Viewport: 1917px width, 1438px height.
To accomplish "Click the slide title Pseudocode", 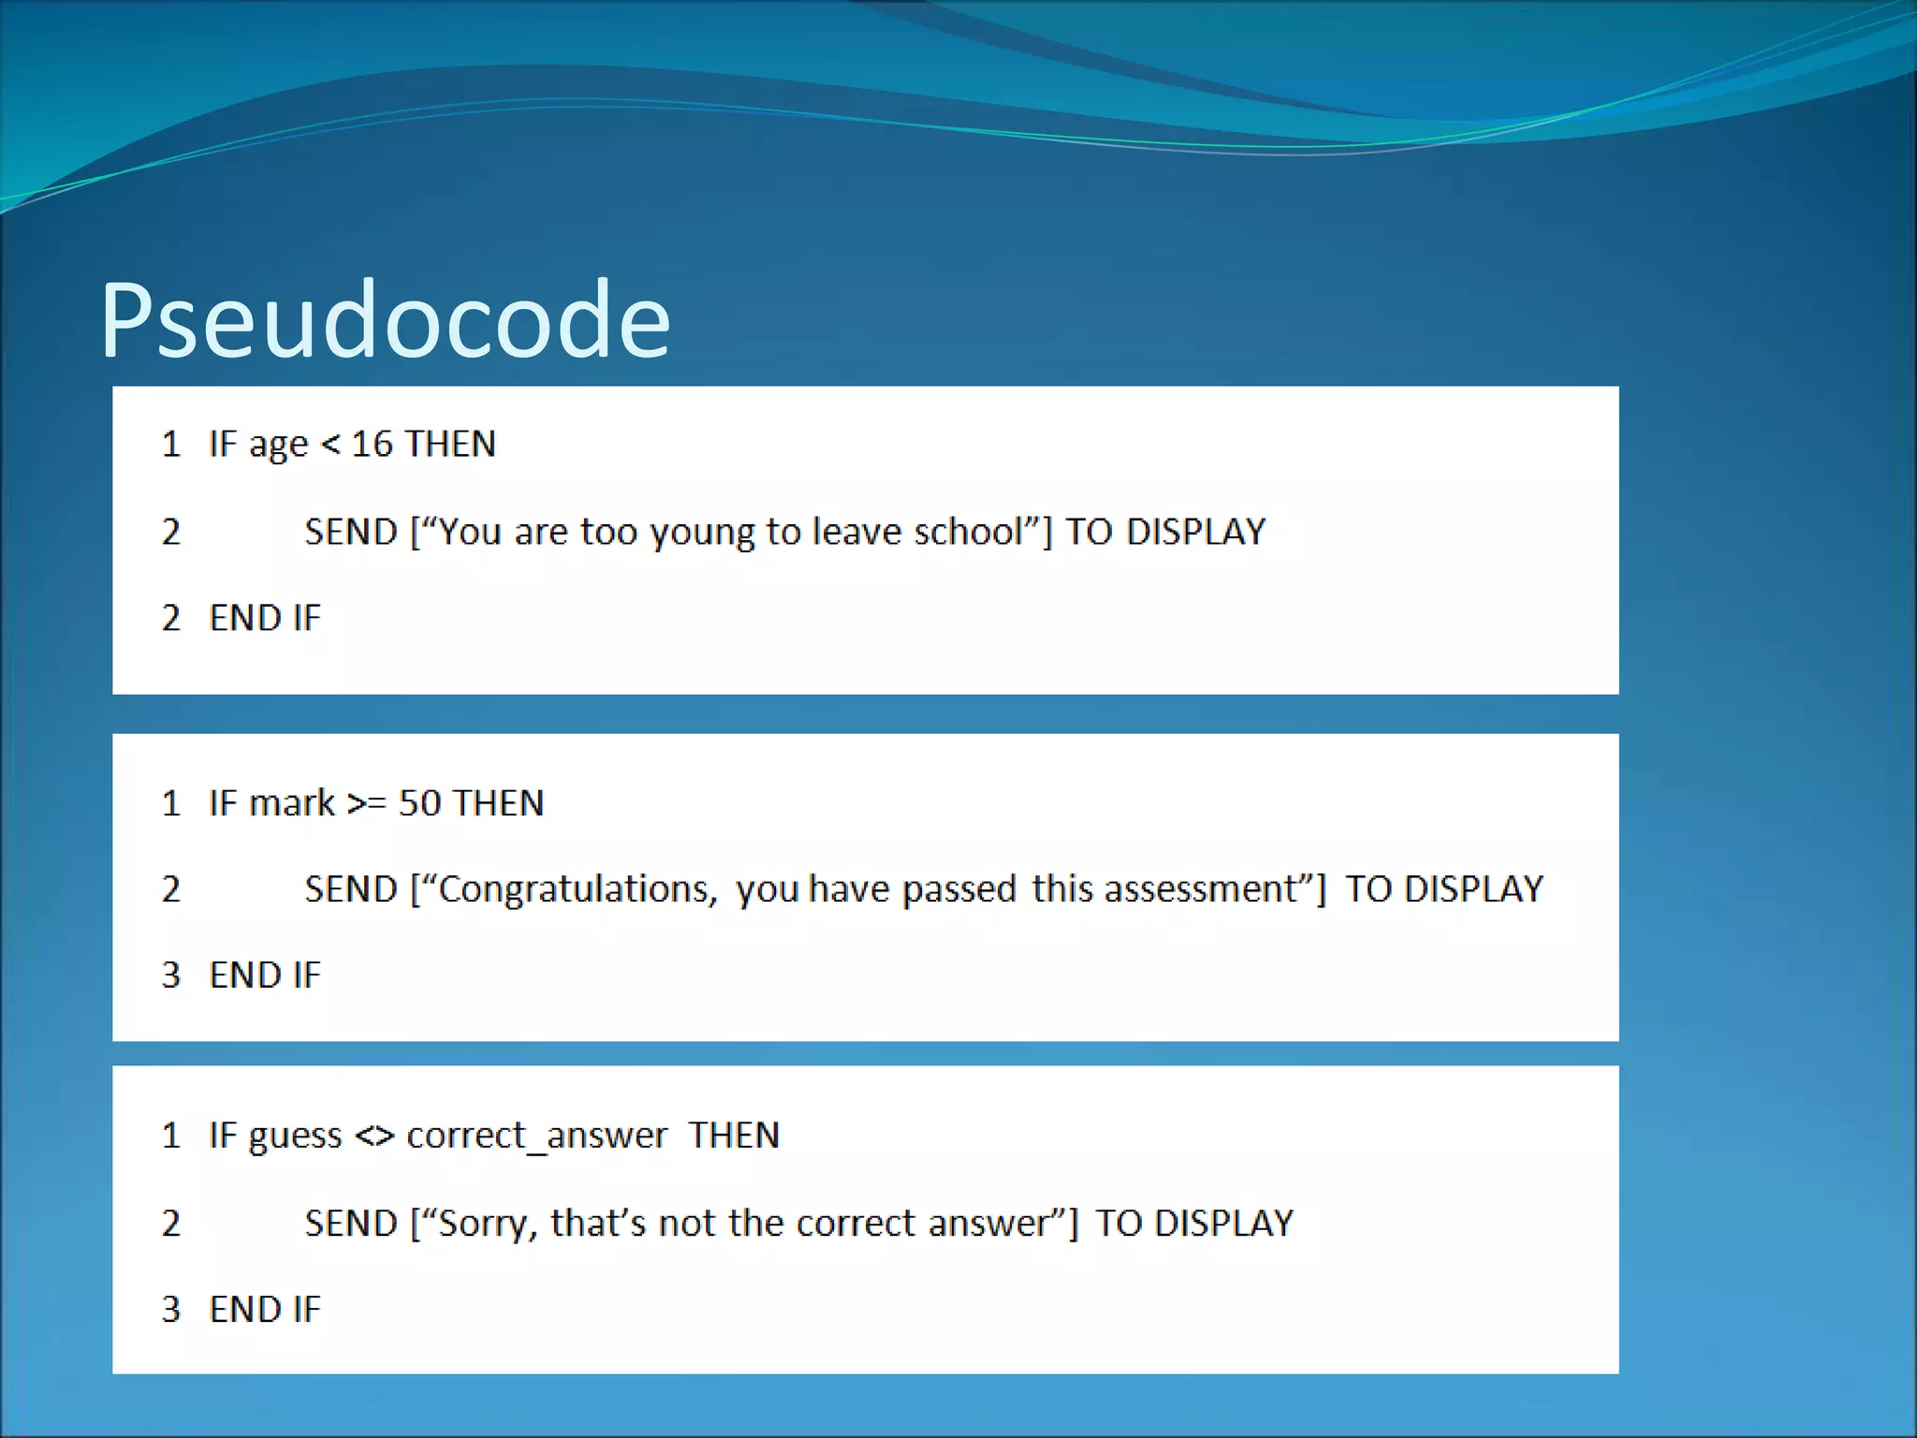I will point(385,320).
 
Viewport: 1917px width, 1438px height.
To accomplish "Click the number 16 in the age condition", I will point(372,444).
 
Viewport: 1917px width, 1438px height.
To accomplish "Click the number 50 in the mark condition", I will point(419,803).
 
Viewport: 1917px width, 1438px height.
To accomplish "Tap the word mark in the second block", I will point(292,803).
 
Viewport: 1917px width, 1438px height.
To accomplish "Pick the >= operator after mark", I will point(366,804).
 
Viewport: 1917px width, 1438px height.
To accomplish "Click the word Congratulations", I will point(578,889).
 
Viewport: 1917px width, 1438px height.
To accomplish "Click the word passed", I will point(958,889).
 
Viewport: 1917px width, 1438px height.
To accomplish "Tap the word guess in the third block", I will point(295,1137).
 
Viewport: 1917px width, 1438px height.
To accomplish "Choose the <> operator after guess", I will point(374,1137).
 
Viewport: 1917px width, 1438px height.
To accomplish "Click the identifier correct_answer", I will point(537,1137).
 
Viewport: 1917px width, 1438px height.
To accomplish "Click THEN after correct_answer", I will point(734,1136).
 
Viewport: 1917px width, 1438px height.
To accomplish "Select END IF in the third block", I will point(265,1310).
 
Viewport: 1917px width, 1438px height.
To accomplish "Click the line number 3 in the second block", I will point(170,976).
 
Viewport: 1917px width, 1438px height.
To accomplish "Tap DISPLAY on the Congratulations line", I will point(1473,889).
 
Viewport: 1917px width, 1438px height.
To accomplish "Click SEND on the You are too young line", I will point(351,532).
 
